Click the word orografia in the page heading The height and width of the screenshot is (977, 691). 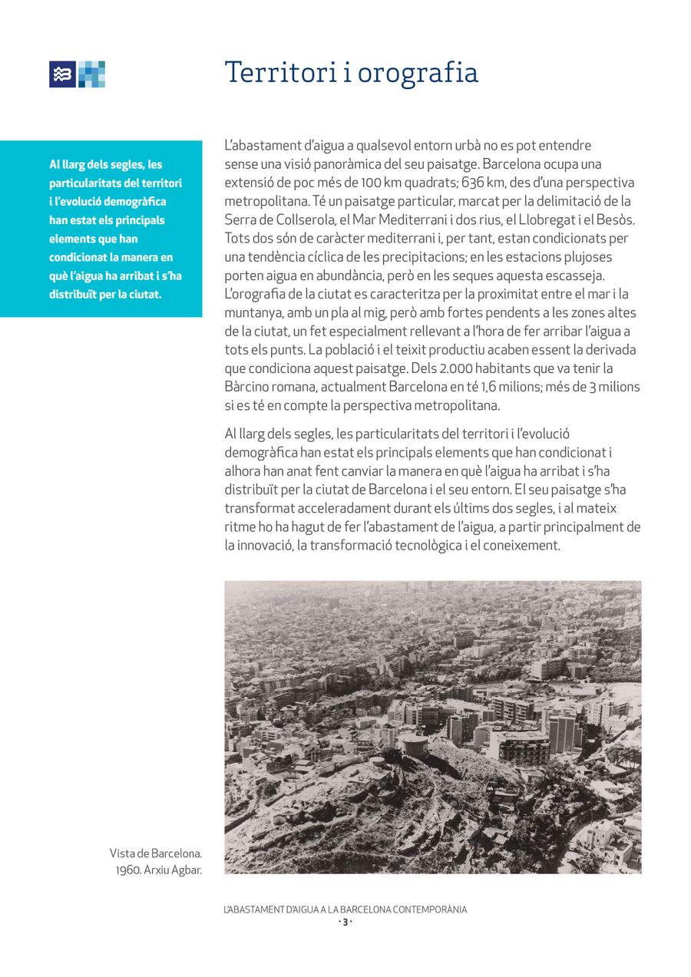pos(418,74)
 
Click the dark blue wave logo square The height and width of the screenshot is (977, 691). pos(62,74)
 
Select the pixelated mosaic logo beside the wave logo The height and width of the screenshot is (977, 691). pos(91,74)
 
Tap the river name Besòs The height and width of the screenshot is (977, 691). pos(616,220)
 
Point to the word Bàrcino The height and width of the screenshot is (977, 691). pos(250,387)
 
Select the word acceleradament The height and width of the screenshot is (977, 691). pos(345,509)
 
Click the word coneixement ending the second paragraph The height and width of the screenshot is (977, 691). pos(523,546)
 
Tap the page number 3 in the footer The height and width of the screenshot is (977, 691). pos(345,922)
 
